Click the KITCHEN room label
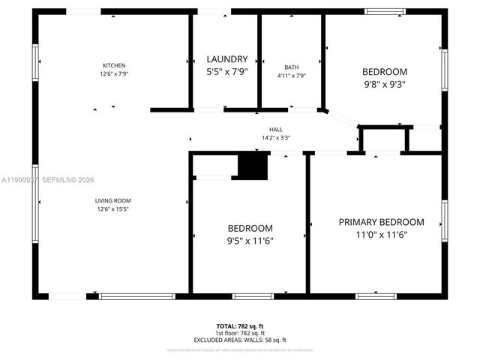click(x=114, y=65)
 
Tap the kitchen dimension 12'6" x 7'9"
click(x=114, y=74)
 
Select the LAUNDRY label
click(x=226, y=59)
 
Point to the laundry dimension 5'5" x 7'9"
click(x=226, y=73)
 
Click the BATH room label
click(x=291, y=67)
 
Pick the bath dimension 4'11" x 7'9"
click(x=291, y=75)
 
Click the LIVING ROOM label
click(x=112, y=200)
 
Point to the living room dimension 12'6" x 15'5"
click(x=112, y=209)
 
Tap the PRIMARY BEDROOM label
click(x=381, y=222)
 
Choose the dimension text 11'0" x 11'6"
click(x=381, y=235)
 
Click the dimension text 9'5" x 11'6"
click(x=250, y=241)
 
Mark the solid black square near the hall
click(x=252, y=166)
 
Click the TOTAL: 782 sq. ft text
click(x=240, y=326)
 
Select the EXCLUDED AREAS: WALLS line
click(x=240, y=340)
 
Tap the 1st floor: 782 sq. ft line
click(x=240, y=333)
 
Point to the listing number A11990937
click(x=18, y=180)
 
